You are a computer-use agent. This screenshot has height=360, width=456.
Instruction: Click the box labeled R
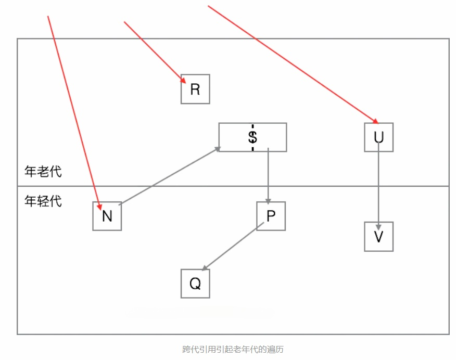click(x=195, y=89)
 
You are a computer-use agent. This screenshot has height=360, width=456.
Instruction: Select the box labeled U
click(x=378, y=137)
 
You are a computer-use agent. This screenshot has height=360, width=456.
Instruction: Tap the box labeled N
click(x=107, y=216)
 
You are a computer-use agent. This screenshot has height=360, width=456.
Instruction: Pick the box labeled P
click(x=271, y=216)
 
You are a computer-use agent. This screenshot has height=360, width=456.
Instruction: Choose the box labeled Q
click(x=195, y=284)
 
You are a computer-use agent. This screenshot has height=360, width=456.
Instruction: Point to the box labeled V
click(x=378, y=237)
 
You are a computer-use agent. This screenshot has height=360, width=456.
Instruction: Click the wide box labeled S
click(x=252, y=137)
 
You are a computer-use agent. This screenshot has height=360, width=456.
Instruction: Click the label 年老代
click(x=43, y=171)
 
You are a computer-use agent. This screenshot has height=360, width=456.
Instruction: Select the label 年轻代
click(x=43, y=201)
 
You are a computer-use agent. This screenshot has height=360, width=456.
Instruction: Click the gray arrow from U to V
click(x=378, y=182)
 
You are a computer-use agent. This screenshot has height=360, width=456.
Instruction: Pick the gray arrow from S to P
click(x=268, y=174)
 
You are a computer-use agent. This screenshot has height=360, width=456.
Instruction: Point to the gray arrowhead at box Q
click(x=205, y=268)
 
